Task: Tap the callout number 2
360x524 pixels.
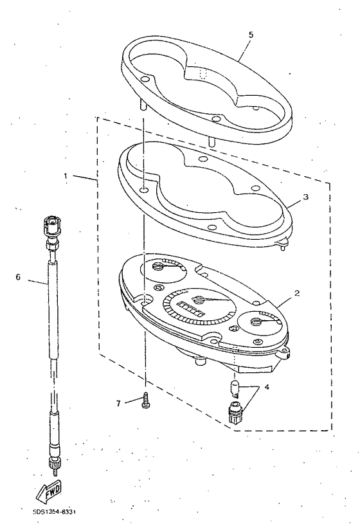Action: click(x=296, y=293)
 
